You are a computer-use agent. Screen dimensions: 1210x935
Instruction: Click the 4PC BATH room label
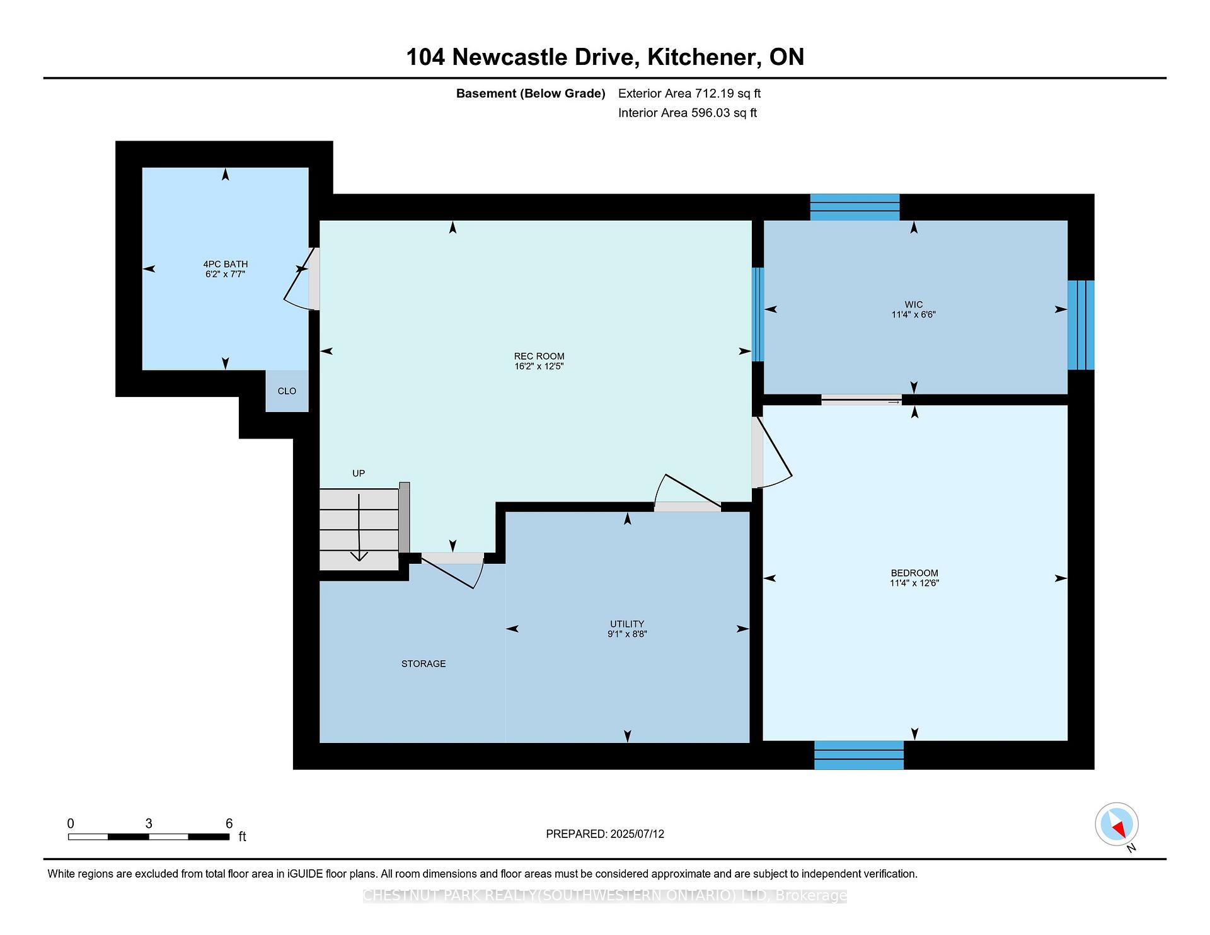pyautogui.click(x=225, y=264)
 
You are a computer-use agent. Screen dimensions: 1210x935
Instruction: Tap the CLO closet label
pyautogui.click(x=287, y=391)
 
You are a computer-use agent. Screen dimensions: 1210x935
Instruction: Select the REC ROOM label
pyautogui.click(x=539, y=356)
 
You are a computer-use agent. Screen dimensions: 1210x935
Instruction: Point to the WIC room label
pyautogui.click(x=913, y=304)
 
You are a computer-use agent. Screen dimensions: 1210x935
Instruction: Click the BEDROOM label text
pyautogui.click(x=914, y=573)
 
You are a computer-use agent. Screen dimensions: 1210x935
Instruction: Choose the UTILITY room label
pyautogui.click(x=627, y=624)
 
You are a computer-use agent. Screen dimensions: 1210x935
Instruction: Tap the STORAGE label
pyautogui.click(x=423, y=663)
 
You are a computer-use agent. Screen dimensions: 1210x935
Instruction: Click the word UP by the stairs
pyautogui.click(x=359, y=473)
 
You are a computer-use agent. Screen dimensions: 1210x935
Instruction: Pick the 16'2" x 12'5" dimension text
pyautogui.click(x=539, y=366)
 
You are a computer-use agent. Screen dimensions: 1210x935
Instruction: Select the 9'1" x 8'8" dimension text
pyautogui.click(x=627, y=634)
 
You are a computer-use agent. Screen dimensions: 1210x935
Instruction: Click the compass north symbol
pyautogui.click(x=1117, y=825)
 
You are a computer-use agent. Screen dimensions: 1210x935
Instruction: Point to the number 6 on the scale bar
pyautogui.click(x=229, y=823)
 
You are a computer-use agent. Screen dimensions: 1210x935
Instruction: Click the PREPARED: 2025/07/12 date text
pyautogui.click(x=605, y=834)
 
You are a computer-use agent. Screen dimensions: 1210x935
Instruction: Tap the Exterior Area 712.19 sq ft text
pyautogui.click(x=689, y=93)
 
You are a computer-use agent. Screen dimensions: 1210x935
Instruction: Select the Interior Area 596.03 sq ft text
pyautogui.click(x=688, y=113)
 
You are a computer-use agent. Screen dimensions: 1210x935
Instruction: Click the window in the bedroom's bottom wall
pyautogui.click(x=859, y=755)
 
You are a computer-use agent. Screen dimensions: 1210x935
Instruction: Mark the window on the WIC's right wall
pyautogui.click(x=1081, y=324)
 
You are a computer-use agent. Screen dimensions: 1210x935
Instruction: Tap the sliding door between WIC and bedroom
pyautogui.click(x=861, y=399)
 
